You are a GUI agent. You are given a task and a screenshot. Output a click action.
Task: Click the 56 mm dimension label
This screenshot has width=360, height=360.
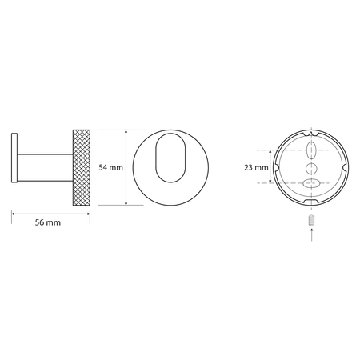point(48,222)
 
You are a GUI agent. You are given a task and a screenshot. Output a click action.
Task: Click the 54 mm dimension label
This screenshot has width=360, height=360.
point(111,167)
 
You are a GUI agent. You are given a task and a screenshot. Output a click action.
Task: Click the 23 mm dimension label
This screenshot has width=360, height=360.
point(256,167)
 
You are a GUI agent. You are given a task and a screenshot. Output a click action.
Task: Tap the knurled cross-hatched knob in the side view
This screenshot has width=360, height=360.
point(82,167)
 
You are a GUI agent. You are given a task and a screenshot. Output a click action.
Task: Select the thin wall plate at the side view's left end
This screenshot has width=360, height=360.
point(14,158)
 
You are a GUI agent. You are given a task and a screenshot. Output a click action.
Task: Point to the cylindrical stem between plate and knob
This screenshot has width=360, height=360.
point(45,168)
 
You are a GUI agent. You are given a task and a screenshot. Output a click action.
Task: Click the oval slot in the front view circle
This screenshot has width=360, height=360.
point(170,158)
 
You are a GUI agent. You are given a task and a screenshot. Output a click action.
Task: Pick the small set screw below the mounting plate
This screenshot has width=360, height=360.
point(311,220)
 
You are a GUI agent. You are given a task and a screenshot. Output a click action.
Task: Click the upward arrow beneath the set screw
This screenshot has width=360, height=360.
point(311,234)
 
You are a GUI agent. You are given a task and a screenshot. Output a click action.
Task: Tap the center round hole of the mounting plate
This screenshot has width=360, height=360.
point(311,168)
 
